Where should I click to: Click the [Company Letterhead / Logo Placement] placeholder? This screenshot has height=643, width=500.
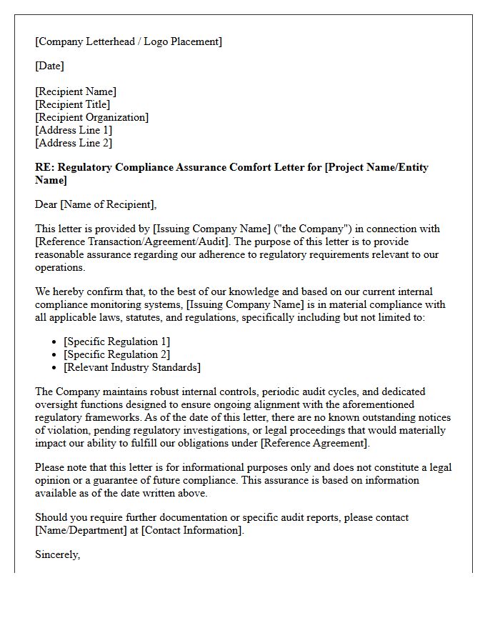tap(129, 41)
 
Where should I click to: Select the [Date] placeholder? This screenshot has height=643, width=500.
tap(49, 66)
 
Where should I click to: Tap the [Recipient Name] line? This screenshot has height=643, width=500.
tap(76, 91)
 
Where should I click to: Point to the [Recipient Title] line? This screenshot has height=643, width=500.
tap(73, 104)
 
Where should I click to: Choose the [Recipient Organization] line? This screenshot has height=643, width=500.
tap(92, 117)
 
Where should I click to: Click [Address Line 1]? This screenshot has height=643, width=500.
tap(74, 130)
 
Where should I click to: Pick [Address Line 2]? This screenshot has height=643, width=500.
tap(74, 143)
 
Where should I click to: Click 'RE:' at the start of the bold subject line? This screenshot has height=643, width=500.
tap(44, 167)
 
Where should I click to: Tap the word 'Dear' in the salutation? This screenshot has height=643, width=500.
tap(46, 205)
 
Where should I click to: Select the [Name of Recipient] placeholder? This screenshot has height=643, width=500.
tap(107, 205)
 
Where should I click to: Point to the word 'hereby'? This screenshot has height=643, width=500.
tap(69, 291)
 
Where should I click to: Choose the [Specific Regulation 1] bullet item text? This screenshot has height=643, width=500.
tap(117, 342)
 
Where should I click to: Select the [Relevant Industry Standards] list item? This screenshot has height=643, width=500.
tap(132, 367)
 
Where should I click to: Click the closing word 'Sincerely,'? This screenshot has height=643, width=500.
tap(57, 554)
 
